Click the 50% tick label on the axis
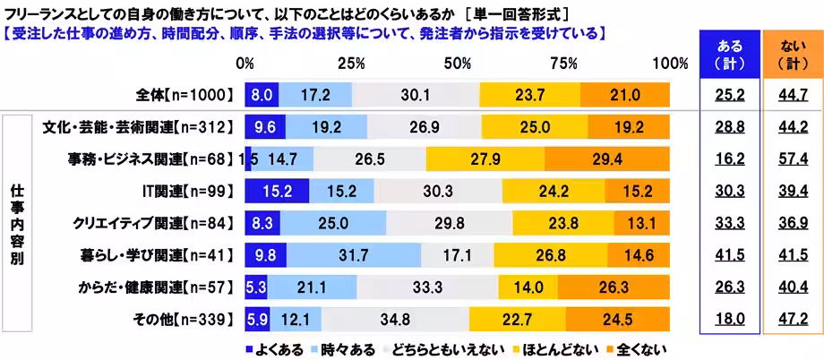[x=458, y=64]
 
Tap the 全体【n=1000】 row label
[x=181, y=94]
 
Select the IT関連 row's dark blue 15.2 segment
[x=277, y=191]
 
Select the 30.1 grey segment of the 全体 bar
[x=416, y=94]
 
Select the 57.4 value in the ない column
[x=789, y=159]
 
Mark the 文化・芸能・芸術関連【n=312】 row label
[x=139, y=126]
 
